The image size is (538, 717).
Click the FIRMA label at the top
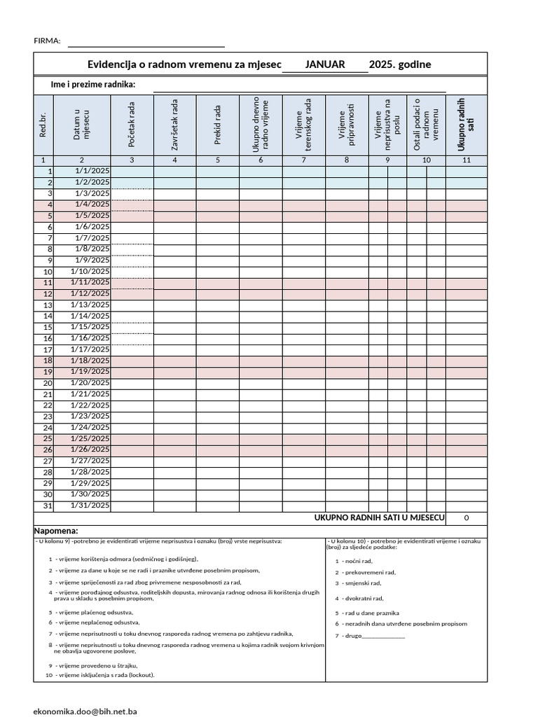(x=47, y=41)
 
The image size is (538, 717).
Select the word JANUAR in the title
(x=325, y=64)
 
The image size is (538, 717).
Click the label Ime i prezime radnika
(x=93, y=85)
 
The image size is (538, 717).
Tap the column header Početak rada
(x=132, y=125)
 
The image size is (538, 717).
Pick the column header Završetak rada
(x=174, y=125)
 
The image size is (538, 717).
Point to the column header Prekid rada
(x=218, y=125)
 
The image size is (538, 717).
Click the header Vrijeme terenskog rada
(x=303, y=125)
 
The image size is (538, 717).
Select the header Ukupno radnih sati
(x=466, y=125)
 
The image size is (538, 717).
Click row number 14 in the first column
(x=48, y=316)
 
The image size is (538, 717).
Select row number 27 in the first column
(x=48, y=461)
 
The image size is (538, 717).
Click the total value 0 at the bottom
(x=466, y=518)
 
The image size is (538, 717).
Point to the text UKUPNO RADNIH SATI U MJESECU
(x=379, y=517)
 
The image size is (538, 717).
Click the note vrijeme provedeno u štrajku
(x=97, y=665)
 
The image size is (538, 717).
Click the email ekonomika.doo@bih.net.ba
(x=85, y=711)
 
